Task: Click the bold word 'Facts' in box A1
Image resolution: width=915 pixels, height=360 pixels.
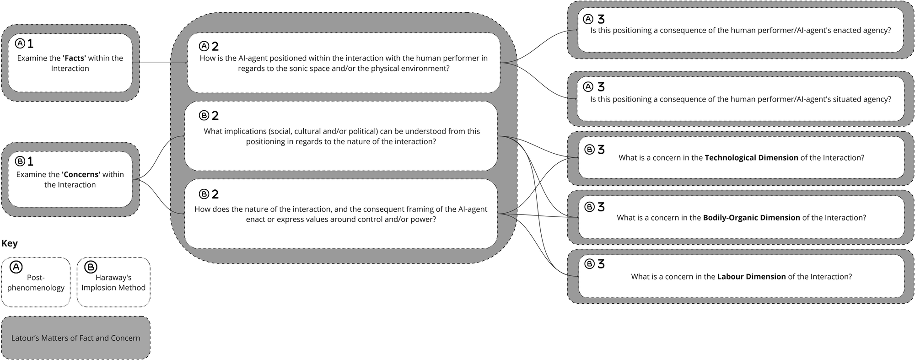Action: point(75,58)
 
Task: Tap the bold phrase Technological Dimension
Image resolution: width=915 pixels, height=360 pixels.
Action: point(751,158)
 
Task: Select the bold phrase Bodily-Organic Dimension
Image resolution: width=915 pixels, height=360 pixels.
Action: point(751,218)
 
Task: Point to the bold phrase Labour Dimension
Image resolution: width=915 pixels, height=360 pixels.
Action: point(751,277)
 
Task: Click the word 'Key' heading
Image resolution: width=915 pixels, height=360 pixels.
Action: point(9,243)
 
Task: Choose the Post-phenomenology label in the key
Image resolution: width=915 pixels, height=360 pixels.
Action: point(36,283)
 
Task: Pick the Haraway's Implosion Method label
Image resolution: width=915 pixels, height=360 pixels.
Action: point(113,283)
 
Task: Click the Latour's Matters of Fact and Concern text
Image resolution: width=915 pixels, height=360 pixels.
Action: point(75,338)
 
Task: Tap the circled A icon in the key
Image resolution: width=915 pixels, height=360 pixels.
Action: point(16,267)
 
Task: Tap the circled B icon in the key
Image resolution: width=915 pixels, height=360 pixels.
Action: point(91,267)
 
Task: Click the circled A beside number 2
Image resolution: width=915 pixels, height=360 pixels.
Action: point(204,46)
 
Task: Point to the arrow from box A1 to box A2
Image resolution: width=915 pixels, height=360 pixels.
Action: point(162,63)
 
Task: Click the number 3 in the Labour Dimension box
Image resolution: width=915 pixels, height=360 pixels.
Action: point(601,264)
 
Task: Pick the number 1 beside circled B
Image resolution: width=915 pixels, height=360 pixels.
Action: point(30,161)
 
